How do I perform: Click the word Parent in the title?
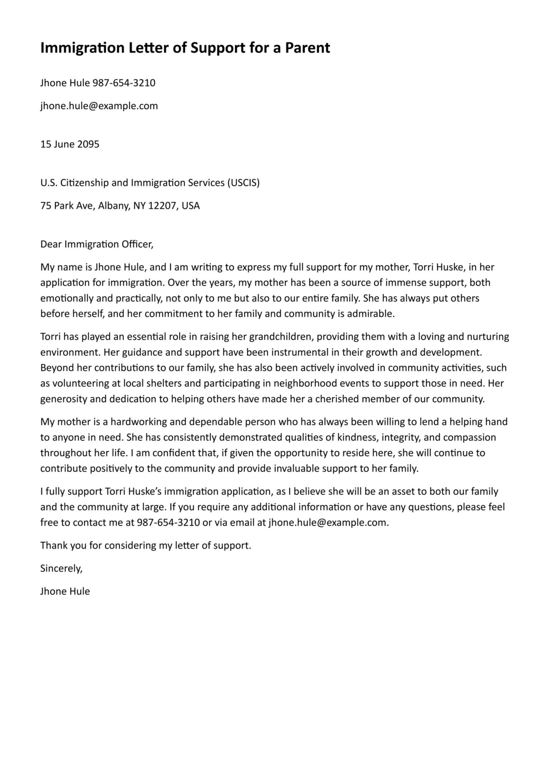point(307,48)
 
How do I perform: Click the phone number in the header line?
point(124,83)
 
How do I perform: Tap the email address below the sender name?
point(99,106)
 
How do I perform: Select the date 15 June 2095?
point(70,144)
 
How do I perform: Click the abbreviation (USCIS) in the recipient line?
point(243,183)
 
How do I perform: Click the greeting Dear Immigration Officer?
point(97,244)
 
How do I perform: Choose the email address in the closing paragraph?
point(328,522)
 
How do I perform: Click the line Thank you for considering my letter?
point(146,546)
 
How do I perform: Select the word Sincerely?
point(61,568)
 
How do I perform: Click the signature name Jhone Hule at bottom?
point(65,591)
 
